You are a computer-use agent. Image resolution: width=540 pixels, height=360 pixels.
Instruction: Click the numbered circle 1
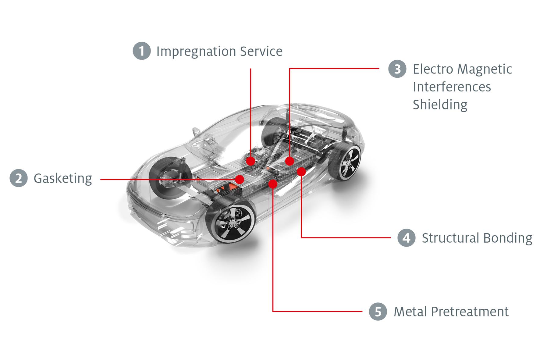pos(142,51)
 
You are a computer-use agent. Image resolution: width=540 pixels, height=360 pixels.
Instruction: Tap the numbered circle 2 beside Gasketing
pos(19,178)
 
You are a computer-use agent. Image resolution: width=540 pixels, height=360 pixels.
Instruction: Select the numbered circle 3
pos(397,69)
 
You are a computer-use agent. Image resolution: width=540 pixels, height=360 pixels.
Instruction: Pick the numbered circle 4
pos(407,238)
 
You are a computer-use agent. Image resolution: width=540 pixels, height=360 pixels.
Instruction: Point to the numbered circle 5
pos(378,312)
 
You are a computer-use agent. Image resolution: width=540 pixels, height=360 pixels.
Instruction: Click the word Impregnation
pos(196,52)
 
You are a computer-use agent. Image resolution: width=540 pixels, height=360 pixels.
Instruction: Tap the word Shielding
pos(440,105)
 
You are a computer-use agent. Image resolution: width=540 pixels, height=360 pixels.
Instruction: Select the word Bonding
pos(508,238)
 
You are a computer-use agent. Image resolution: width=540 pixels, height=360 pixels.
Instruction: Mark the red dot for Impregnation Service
pos(250,161)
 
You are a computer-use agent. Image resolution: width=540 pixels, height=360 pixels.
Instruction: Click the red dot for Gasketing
pos(240,179)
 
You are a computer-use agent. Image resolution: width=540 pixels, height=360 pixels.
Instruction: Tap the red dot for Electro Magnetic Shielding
pos(290,161)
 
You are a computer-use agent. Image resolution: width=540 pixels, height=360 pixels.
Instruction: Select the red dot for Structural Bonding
pos(301,172)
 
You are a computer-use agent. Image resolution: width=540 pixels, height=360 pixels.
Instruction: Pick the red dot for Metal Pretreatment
pos(273,184)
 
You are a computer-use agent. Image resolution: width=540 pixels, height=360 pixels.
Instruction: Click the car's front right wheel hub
pos(234,223)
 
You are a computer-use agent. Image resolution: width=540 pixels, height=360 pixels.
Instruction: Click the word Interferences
pos(452,87)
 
